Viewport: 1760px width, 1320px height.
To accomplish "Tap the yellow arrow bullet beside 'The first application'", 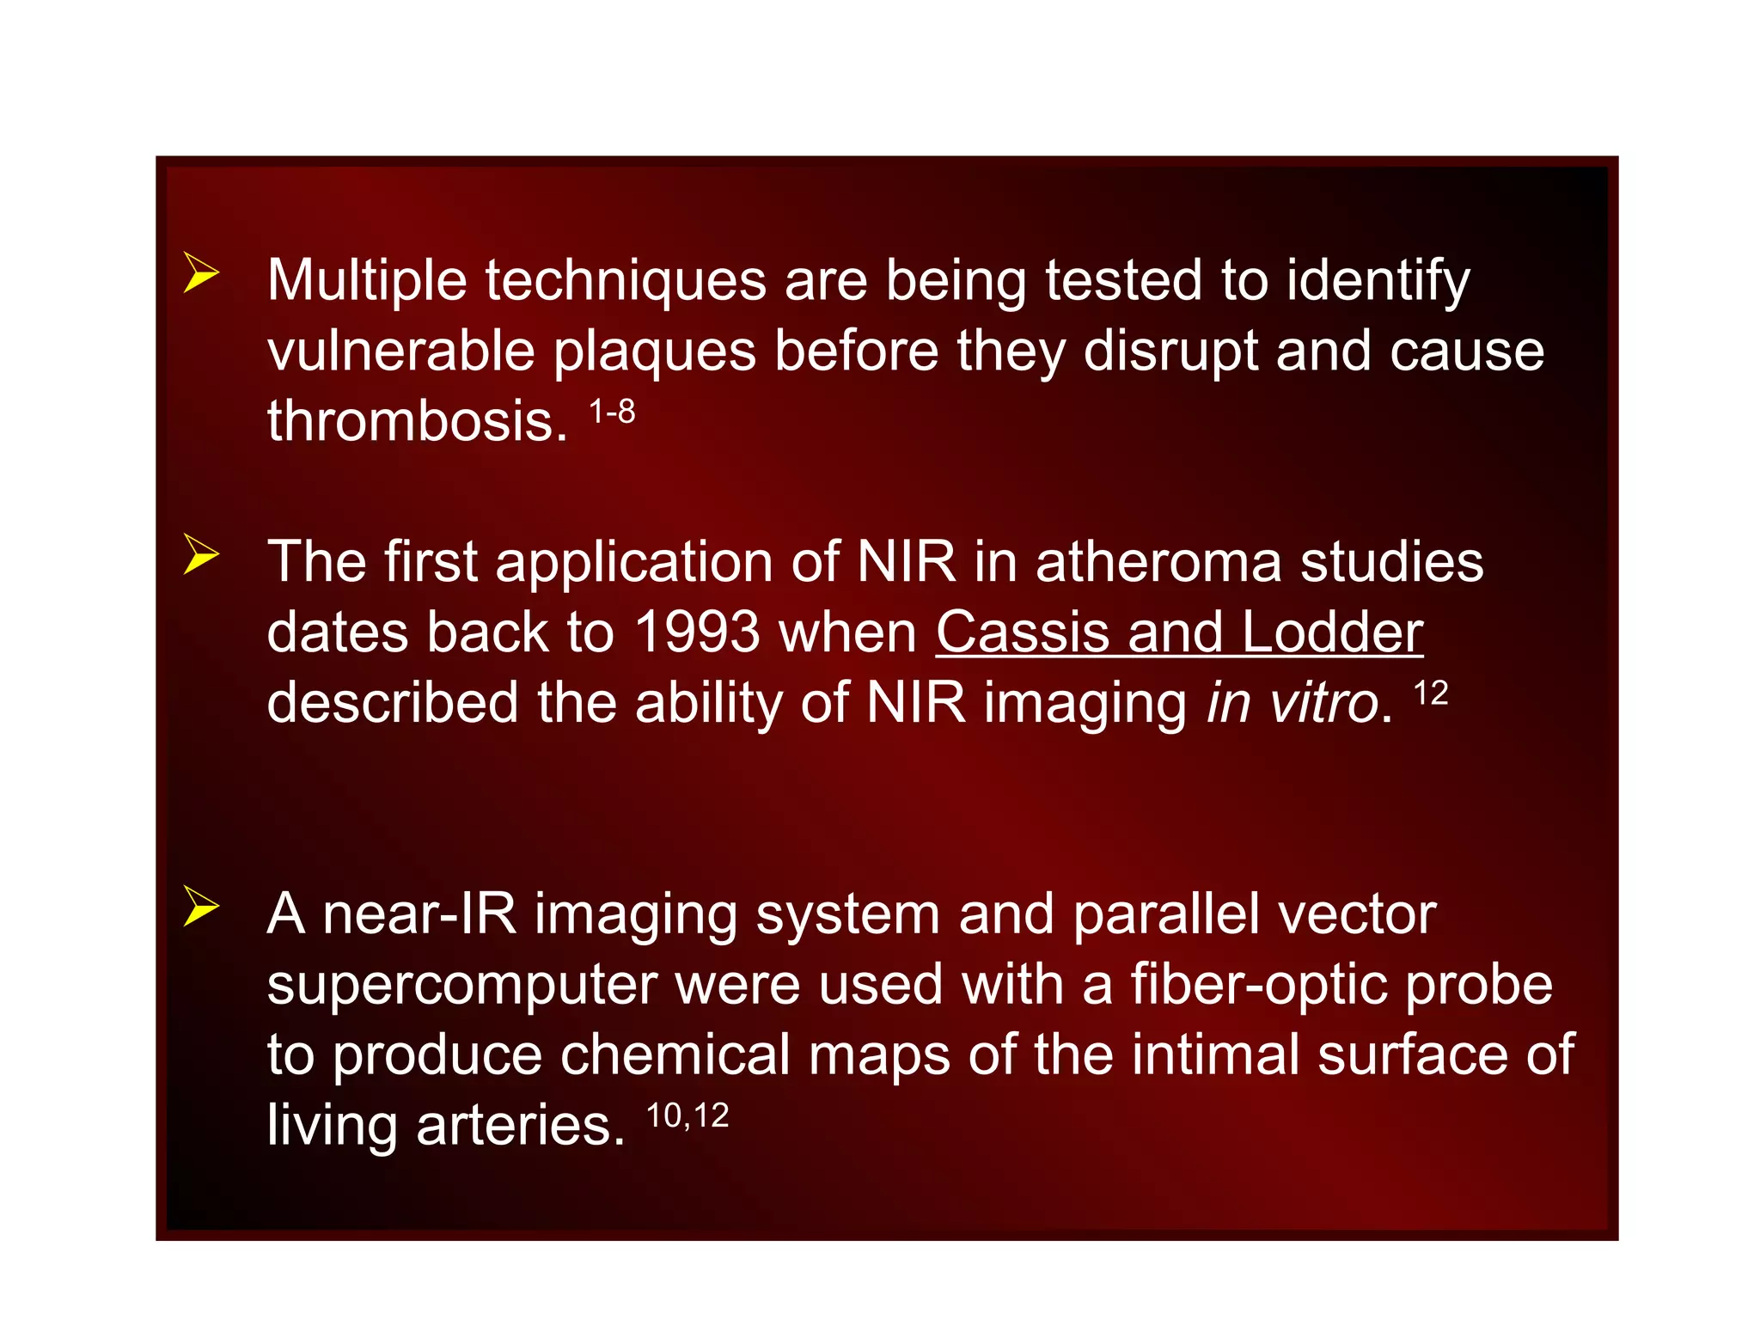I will click(x=201, y=554).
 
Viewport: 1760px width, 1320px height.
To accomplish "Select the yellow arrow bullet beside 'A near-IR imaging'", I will click(x=201, y=907).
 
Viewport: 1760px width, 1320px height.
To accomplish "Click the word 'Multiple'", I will click(x=368, y=281).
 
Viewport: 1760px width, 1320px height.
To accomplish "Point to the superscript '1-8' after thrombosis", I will click(x=612, y=412).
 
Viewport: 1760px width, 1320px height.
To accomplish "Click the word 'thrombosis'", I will click(x=417, y=421).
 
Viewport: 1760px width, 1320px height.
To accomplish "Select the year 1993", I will click(x=697, y=632).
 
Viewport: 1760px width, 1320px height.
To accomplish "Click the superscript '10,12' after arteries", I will click(x=687, y=1116).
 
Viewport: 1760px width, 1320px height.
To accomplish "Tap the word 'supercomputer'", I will click(x=461, y=985).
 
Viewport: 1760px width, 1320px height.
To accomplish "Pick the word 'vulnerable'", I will click(x=400, y=351).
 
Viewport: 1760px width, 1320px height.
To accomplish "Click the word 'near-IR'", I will click(x=419, y=914).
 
